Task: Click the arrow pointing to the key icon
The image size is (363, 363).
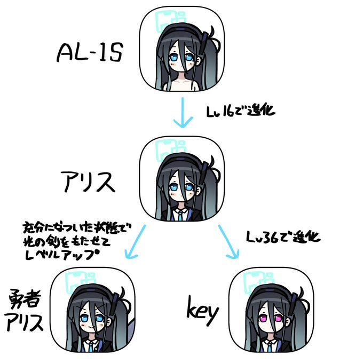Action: (229, 243)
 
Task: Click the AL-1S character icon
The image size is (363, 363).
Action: (182, 51)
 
